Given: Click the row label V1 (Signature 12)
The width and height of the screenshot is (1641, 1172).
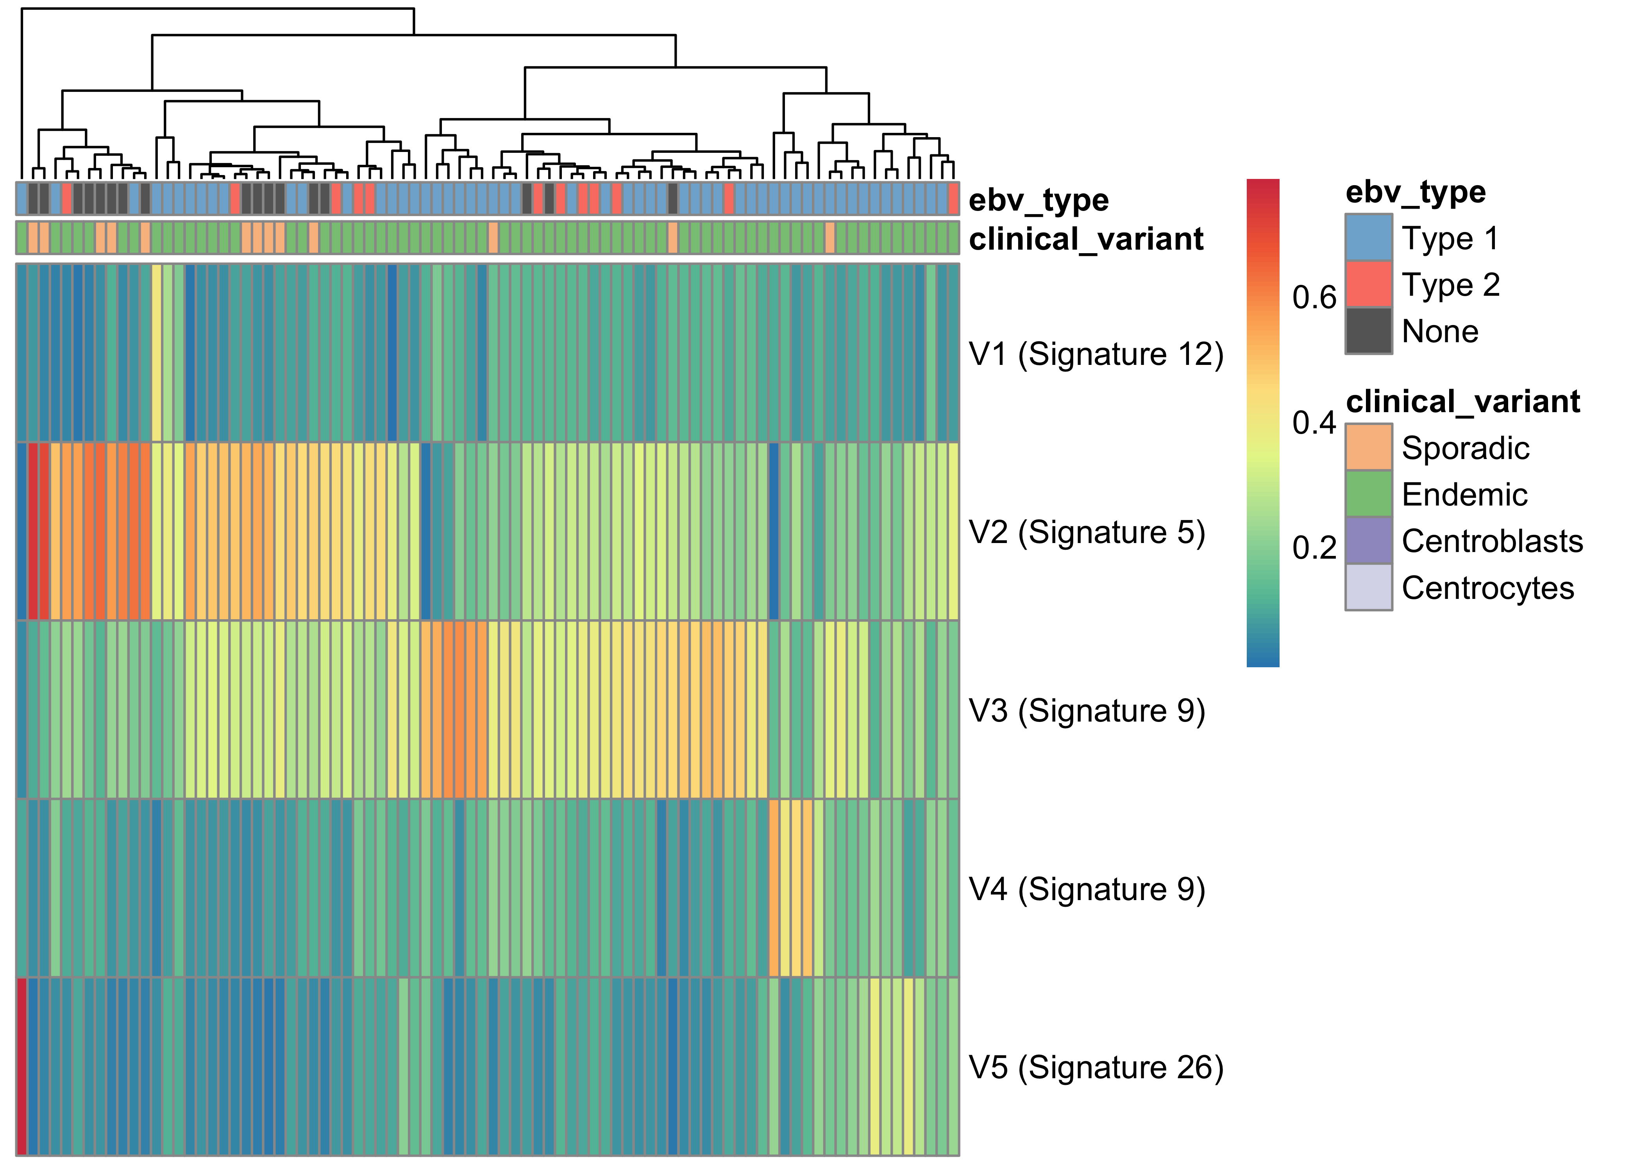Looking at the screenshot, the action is [x=1096, y=354].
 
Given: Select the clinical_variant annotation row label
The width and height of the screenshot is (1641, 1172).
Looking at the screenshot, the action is [x=1086, y=239].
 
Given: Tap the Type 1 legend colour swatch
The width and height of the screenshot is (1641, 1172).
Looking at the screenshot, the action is [x=1368, y=238].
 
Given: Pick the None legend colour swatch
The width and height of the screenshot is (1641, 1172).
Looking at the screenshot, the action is [x=1368, y=331].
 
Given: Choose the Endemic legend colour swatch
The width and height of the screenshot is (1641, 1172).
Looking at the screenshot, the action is [x=1368, y=494].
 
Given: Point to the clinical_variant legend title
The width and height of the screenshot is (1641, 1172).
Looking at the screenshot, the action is [x=1463, y=401].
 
